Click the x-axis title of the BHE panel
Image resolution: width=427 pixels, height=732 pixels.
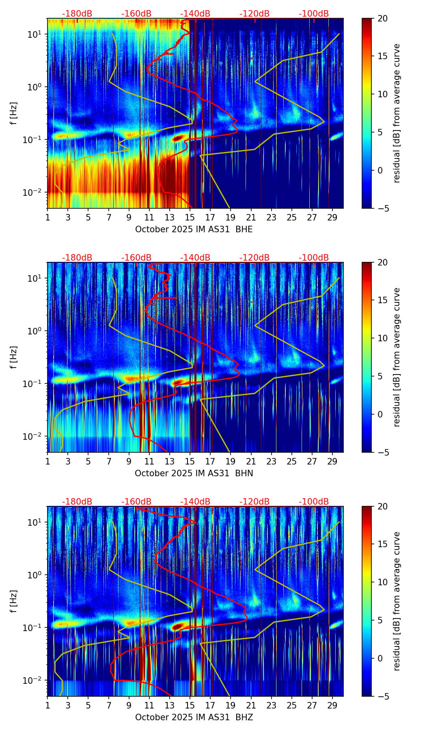point(194,229)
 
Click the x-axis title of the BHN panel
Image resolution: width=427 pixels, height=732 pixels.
point(194,473)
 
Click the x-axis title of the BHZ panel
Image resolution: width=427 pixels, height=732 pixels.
point(194,717)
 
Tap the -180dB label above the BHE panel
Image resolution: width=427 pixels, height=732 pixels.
point(77,14)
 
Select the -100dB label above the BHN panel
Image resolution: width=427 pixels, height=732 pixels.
point(314,258)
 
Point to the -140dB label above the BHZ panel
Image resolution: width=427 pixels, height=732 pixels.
point(195,502)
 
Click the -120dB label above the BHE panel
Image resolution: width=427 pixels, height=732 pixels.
point(254,14)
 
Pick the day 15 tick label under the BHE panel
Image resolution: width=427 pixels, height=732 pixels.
point(190,217)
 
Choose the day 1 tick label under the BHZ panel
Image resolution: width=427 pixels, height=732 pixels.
point(47,705)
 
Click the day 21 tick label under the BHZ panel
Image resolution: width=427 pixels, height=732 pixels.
point(251,705)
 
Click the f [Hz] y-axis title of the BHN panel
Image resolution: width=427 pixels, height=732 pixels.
point(14,357)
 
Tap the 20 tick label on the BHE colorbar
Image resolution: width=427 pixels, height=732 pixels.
point(382,18)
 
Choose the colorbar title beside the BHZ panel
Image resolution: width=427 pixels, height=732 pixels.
point(397,601)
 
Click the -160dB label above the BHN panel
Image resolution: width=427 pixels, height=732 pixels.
point(136,258)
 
